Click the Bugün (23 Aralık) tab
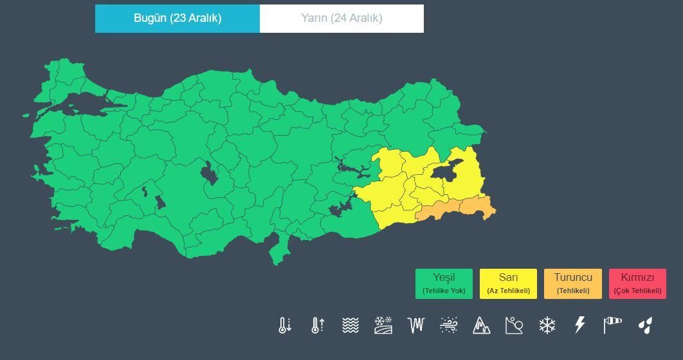pyautogui.click(x=178, y=19)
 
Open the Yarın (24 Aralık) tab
pyautogui.click(x=341, y=19)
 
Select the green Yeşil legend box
pyautogui.click(x=444, y=283)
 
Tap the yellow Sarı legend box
pyautogui.click(x=508, y=283)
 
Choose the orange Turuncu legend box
pyautogui.click(x=572, y=283)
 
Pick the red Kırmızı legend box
pyautogui.click(x=637, y=283)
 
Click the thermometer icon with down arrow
pyautogui.click(x=285, y=325)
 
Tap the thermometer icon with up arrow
pyautogui.click(x=317, y=325)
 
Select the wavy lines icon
pyautogui.click(x=350, y=325)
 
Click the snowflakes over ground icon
pyautogui.click(x=383, y=325)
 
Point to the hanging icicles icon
pyautogui.click(x=416, y=325)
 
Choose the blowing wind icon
pyautogui.click(x=448, y=325)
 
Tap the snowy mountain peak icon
pyautogui.click(x=481, y=325)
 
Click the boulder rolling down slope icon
pyautogui.click(x=515, y=325)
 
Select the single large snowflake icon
pyautogui.click(x=547, y=325)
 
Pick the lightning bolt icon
pyautogui.click(x=579, y=325)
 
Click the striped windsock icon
pyautogui.click(x=613, y=325)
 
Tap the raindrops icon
pyautogui.click(x=645, y=325)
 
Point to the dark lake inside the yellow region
pyautogui.click(x=446, y=170)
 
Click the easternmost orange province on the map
pyautogui.click(x=477, y=208)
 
